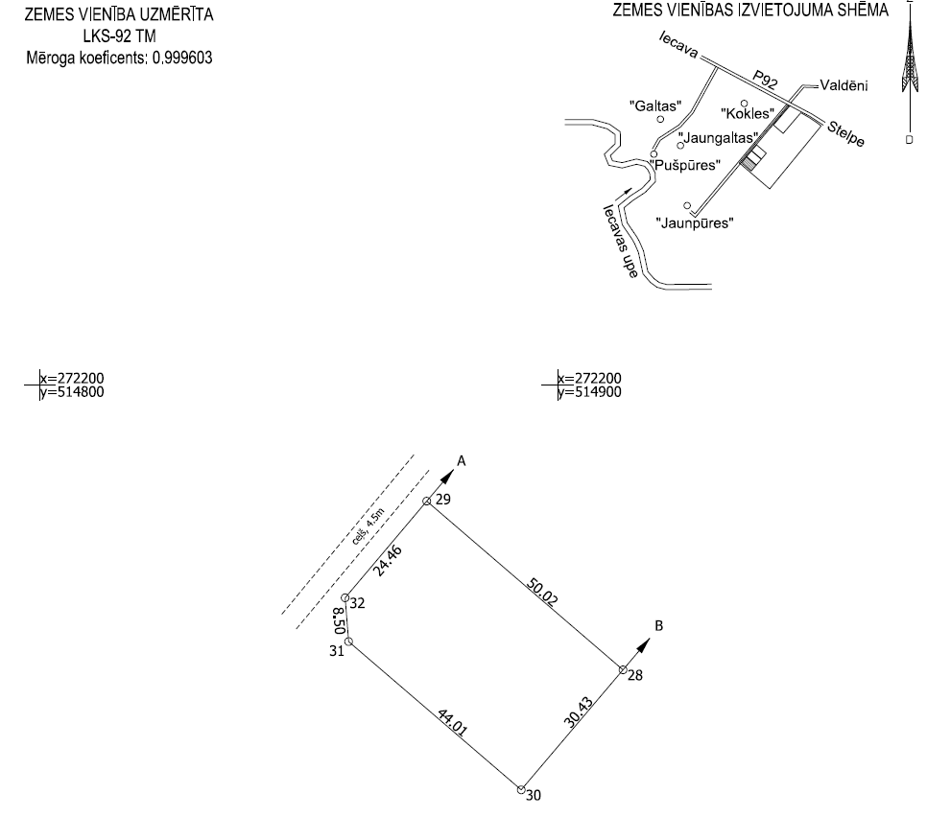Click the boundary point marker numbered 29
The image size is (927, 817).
pos(428,500)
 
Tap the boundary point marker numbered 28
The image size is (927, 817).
pos(623,669)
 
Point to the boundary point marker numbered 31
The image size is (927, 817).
pos(349,642)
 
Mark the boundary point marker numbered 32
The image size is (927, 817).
pos(346,598)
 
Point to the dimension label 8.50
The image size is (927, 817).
pos(338,619)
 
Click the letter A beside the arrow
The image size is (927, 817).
pos(462,461)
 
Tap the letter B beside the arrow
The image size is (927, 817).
pos(658,625)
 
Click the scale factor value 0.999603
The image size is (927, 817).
pos(178,58)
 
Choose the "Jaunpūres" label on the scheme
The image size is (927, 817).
pos(695,222)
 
